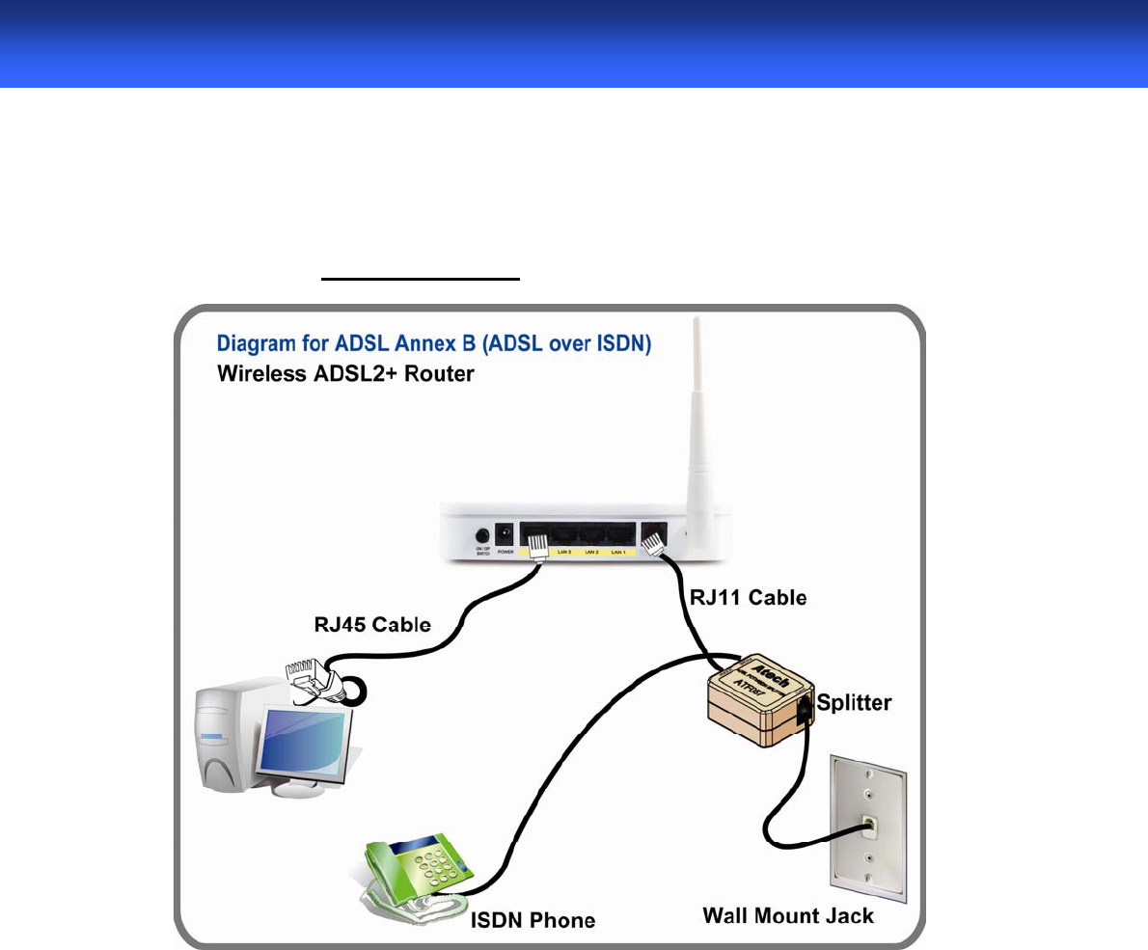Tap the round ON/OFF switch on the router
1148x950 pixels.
[480, 535]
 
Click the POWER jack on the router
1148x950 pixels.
[503, 533]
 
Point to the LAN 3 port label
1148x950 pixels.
[563, 553]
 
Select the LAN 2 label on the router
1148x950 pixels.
[592, 553]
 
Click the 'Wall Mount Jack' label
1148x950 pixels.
[787, 914]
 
